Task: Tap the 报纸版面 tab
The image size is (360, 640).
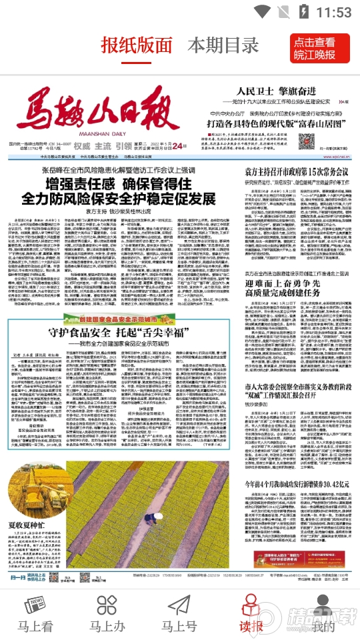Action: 136,46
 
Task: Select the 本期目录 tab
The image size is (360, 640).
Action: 223,46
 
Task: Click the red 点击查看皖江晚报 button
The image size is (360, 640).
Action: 323,47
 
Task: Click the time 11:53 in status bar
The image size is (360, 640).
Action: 333,12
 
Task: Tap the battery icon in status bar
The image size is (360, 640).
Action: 305,12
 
